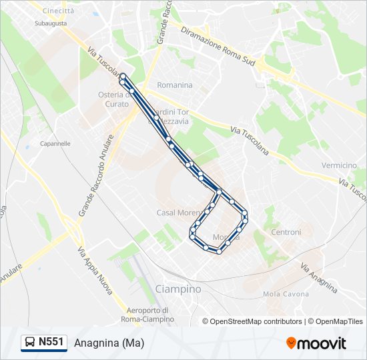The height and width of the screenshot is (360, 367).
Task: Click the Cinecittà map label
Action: tap(58, 11)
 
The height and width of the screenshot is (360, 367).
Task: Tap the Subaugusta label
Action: tap(51, 23)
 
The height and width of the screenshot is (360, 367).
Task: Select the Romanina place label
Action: tap(175, 85)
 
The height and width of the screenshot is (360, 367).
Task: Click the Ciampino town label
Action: tap(177, 289)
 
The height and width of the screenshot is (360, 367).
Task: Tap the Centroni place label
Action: tap(286, 232)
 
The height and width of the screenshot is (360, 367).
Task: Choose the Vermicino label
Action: tap(339, 165)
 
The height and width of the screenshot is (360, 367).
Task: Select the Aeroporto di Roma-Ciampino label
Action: tap(150, 315)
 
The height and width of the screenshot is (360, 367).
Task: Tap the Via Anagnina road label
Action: tap(318, 277)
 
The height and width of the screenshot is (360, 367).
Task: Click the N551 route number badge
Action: tap(51, 343)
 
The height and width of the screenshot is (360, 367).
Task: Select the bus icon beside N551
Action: tap(31, 343)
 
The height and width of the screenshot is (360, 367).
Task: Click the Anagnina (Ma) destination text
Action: tap(109, 343)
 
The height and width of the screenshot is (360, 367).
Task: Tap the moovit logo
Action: tap(316, 343)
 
